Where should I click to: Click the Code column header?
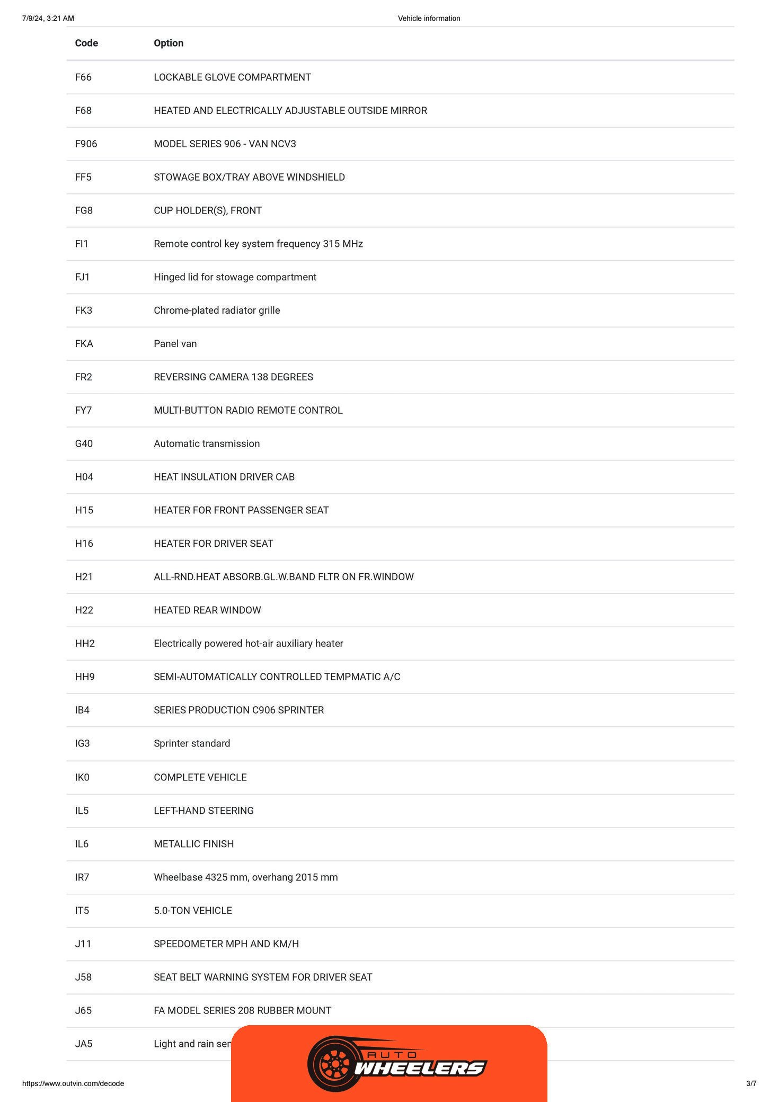86,43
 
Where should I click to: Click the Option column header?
169,43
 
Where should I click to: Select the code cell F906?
86,144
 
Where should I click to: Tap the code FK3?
83,310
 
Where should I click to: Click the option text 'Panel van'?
175,343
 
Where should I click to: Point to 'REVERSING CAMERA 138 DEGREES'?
233,377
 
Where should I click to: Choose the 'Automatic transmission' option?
207,443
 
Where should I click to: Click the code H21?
84,576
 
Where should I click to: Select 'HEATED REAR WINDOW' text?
207,610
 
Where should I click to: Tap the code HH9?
85,677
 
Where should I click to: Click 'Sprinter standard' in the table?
192,743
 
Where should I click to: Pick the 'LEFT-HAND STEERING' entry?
203,811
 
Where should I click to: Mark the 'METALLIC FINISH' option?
193,844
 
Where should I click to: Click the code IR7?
82,877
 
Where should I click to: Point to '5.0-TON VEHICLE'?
193,911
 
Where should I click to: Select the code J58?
83,977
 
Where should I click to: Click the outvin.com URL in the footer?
73,1083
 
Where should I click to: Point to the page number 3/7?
751,1083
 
